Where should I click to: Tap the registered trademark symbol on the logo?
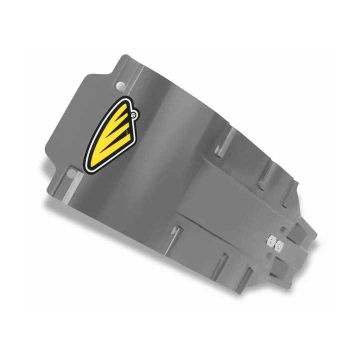click(x=132, y=114)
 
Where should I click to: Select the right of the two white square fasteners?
click(x=280, y=245)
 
